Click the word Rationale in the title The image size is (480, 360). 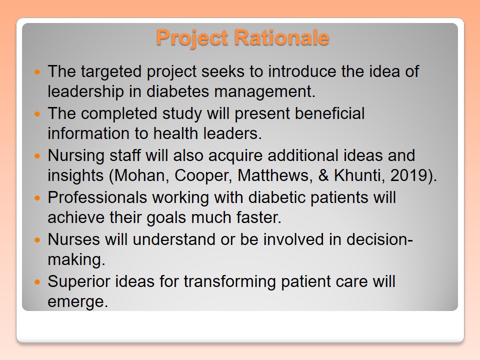(x=281, y=37)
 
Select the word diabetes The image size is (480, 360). (x=177, y=91)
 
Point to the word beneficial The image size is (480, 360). (x=329, y=113)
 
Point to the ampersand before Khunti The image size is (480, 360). (x=323, y=175)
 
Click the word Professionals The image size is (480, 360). (x=97, y=197)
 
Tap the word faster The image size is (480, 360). (x=258, y=217)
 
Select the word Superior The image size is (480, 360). (x=79, y=281)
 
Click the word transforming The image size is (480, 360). (x=229, y=281)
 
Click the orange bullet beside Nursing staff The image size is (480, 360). (x=37, y=156)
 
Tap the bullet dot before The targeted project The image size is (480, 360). (x=37, y=72)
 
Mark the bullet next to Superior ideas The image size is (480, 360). (x=37, y=282)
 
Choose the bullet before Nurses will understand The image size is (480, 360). (x=37, y=240)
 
